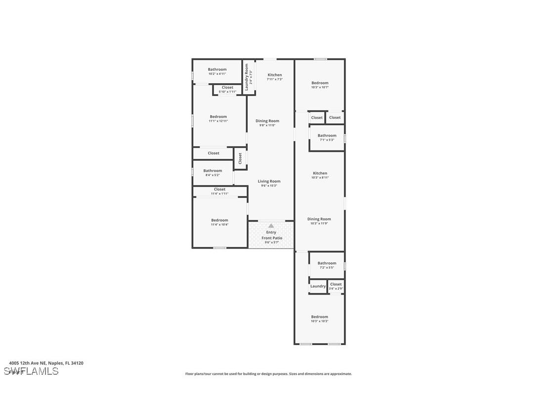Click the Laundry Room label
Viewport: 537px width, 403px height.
[246, 76]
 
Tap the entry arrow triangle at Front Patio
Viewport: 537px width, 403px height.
[271, 226]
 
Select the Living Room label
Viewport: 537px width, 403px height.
[269, 181]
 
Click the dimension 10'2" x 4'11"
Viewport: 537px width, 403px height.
[217, 74]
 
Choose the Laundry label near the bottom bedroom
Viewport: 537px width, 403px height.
[318, 286]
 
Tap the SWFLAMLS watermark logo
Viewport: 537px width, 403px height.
[31, 371]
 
